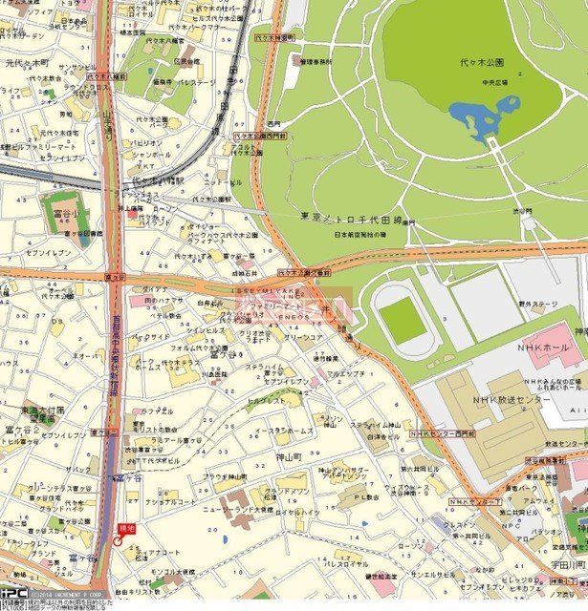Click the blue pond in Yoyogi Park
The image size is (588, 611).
pyautogui.click(x=478, y=119)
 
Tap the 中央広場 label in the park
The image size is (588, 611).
pyautogui.click(x=501, y=82)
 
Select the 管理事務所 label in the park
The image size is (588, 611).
pyautogui.click(x=316, y=60)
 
